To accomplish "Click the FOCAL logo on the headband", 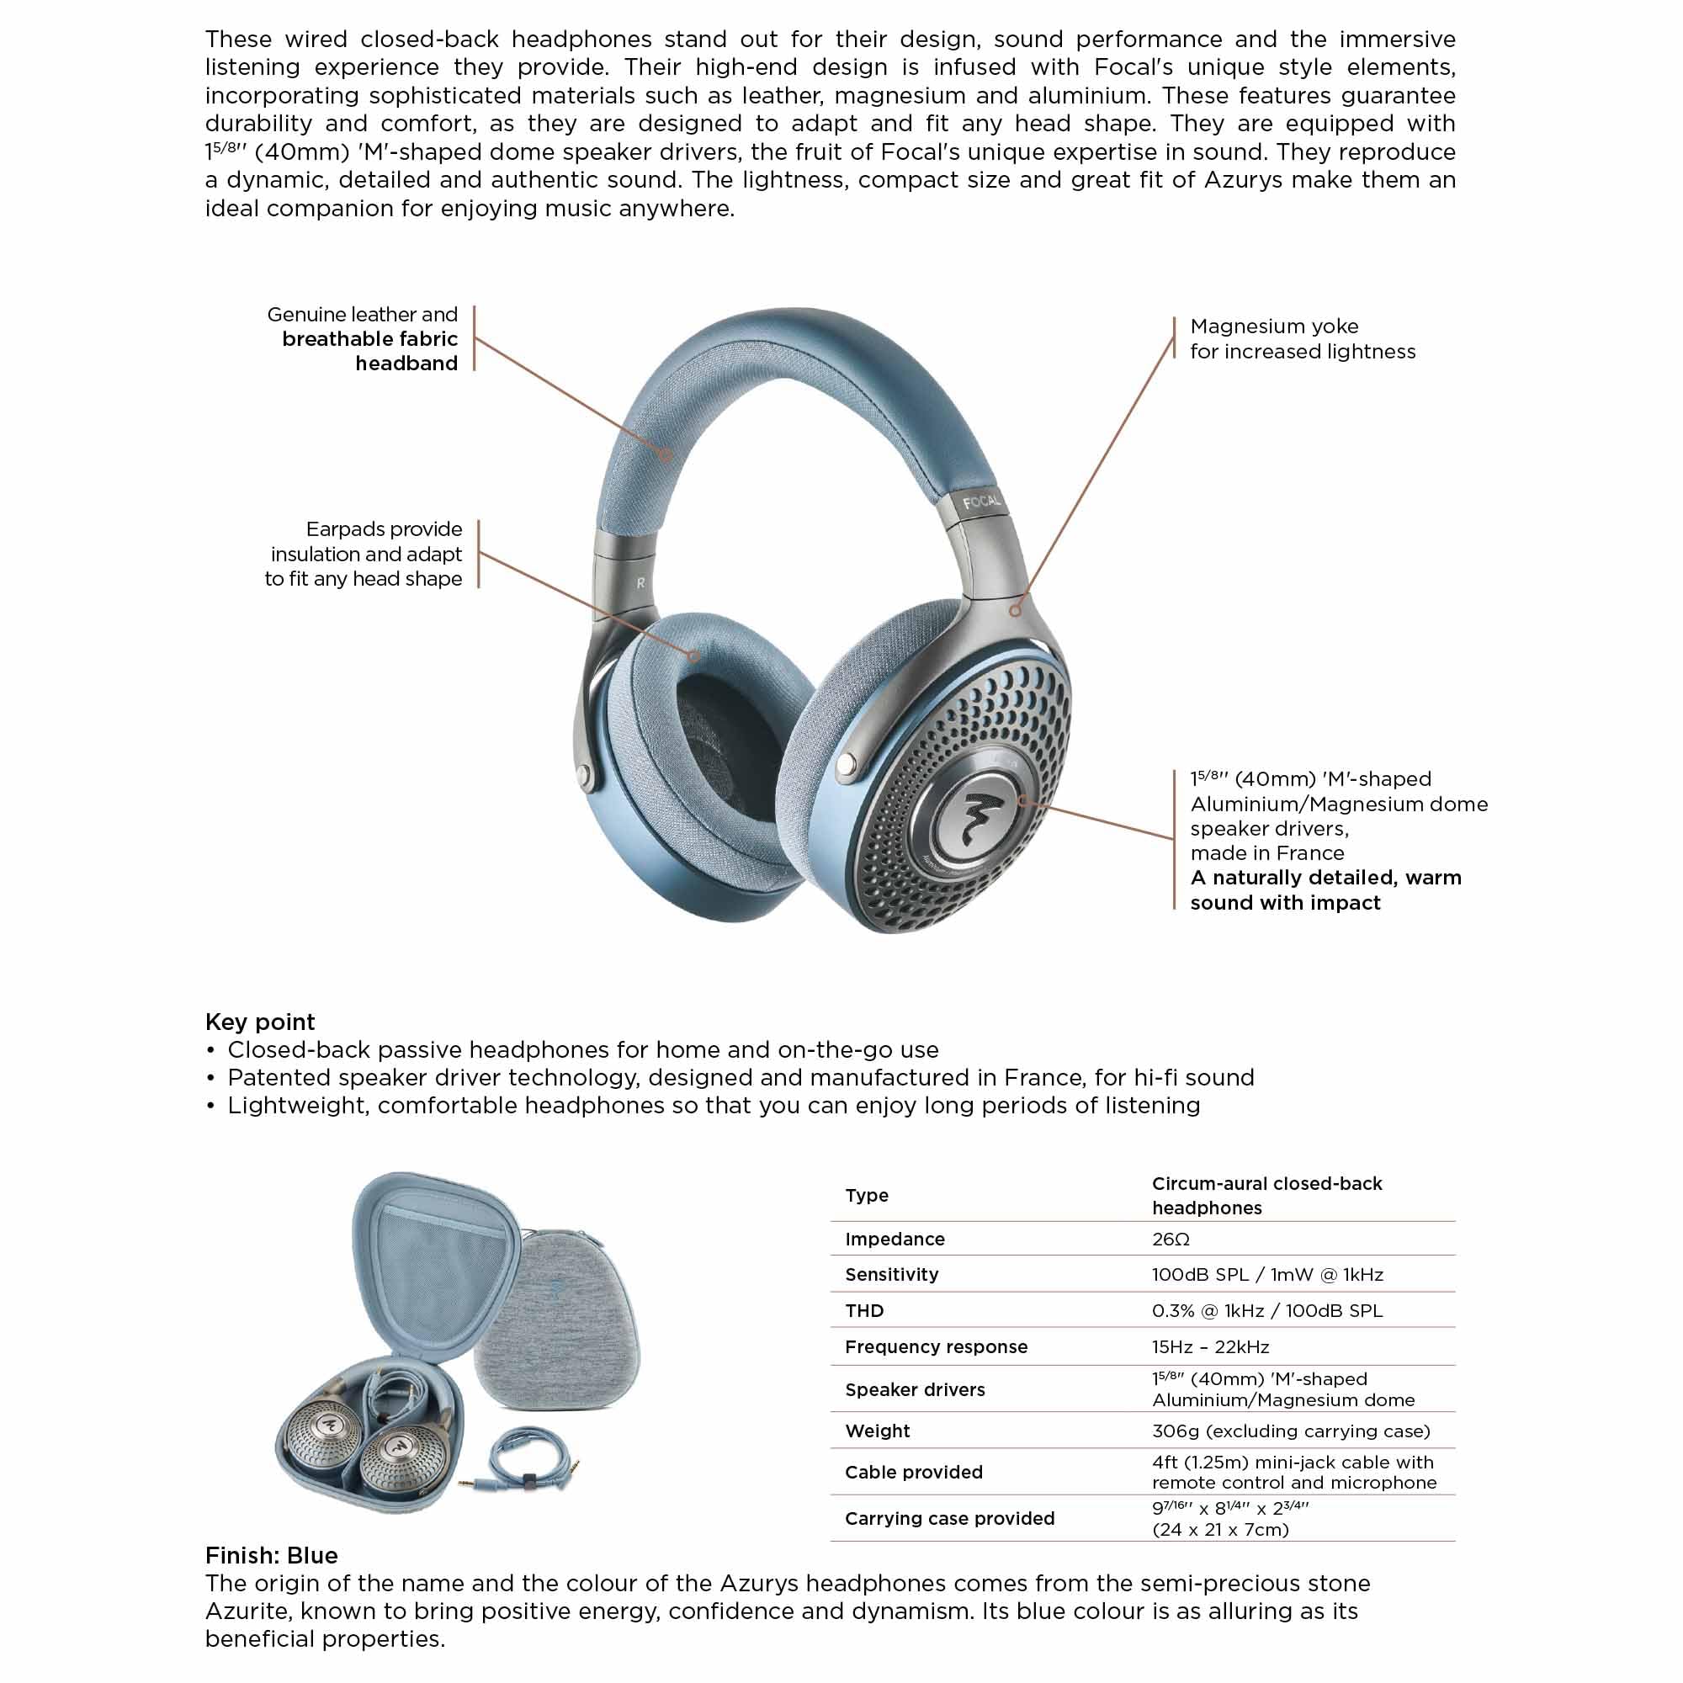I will point(982,502).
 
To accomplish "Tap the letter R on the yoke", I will point(641,583).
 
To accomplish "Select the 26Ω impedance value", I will point(1170,1239).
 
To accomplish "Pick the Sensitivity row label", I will point(891,1274).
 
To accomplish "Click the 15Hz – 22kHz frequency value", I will point(1210,1346).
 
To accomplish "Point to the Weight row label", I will point(877,1431).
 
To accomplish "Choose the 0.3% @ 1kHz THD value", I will point(1266,1310).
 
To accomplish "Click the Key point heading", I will point(259,1022).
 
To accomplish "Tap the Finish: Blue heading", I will point(271,1555).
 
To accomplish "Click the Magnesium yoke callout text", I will point(1303,339).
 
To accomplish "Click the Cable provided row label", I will point(913,1472).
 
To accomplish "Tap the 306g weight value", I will point(1290,1431).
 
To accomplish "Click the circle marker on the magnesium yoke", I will point(1015,611).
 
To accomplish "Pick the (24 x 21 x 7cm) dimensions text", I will point(1219,1529).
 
